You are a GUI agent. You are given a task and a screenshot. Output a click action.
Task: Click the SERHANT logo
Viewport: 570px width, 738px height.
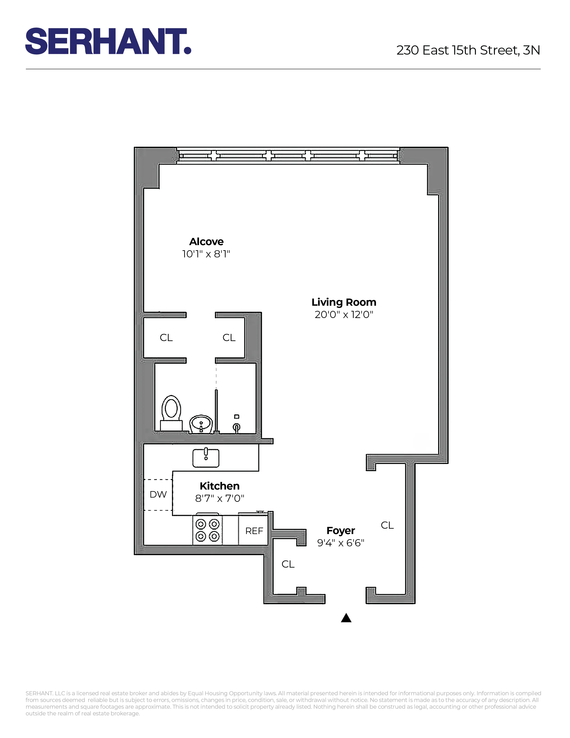pyautogui.click(x=108, y=41)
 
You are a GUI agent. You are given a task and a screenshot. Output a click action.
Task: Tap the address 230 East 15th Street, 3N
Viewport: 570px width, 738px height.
pyautogui.click(x=468, y=50)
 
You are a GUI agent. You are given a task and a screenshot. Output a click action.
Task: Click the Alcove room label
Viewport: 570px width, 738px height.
pyautogui.click(x=206, y=242)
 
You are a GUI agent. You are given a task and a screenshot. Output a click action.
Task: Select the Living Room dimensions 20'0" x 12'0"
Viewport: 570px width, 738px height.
pyautogui.click(x=344, y=315)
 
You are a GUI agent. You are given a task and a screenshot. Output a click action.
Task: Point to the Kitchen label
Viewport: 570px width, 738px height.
pyautogui.click(x=220, y=486)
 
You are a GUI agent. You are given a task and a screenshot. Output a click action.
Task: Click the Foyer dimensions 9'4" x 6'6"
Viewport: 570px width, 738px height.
pyautogui.click(x=341, y=543)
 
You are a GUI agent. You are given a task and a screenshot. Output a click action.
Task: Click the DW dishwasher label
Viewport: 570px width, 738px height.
pyautogui.click(x=158, y=494)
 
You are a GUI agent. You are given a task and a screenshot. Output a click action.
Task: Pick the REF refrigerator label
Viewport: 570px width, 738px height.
pyautogui.click(x=254, y=531)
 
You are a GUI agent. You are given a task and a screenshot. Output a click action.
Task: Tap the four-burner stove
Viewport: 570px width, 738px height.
pyautogui.click(x=207, y=530)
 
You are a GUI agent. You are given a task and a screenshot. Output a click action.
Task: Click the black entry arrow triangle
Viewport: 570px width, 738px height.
pyautogui.click(x=346, y=618)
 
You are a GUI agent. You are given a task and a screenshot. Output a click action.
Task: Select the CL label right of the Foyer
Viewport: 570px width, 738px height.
pyautogui.click(x=387, y=525)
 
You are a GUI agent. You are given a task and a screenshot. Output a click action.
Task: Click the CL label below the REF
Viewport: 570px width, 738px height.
pyautogui.click(x=288, y=564)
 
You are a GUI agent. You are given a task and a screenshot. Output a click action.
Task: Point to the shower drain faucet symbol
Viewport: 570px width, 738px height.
pyautogui.click(x=237, y=427)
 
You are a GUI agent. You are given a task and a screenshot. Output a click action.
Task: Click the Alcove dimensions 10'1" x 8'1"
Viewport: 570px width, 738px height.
pyautogui.click(x=206, y=254)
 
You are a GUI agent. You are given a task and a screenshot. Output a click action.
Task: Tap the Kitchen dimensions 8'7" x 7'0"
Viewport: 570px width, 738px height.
pyautogui.click(x=220, y=498)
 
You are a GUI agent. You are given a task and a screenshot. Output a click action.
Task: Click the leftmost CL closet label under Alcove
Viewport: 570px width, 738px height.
pyautogui.click(x=166, y=337)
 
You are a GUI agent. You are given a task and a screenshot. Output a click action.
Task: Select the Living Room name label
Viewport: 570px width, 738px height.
pyautogui.click(x=344, y=302)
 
